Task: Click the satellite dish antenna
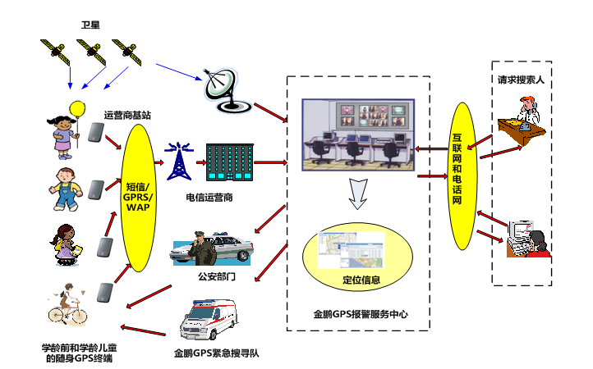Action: click(x=225, y=89)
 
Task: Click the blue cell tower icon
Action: click(x=177, y=162)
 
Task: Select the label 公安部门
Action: click(x=217, y=277)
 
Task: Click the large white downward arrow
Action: click(x=356, y=193)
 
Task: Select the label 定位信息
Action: click(x=361, y=280)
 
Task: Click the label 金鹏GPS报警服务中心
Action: click(x=361, y=314)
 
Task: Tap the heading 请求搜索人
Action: click(x=521, y=82)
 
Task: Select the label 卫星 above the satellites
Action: click(x=90, y=28)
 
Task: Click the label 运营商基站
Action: click(x=127, y=115)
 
